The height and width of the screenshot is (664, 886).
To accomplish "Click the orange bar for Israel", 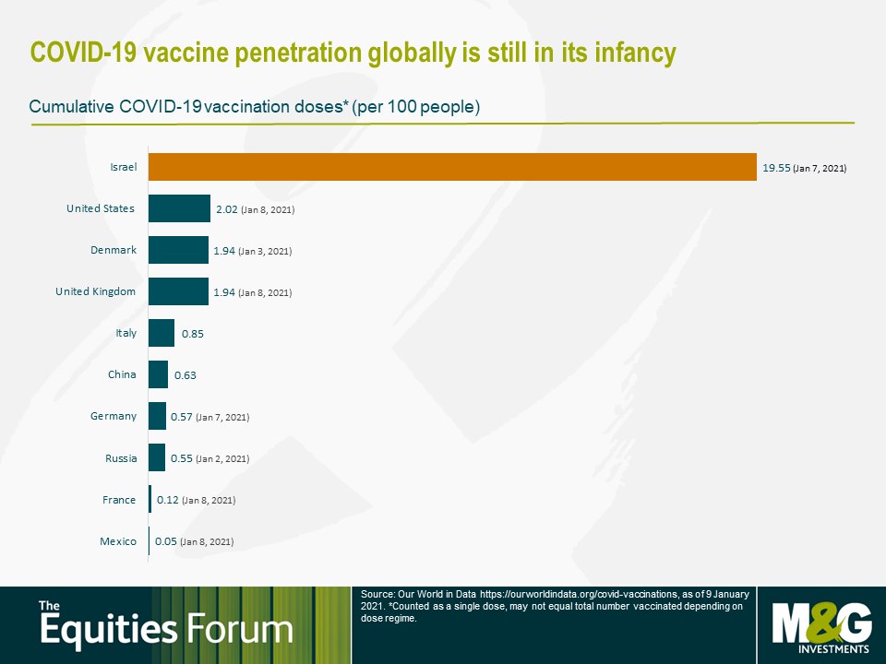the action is point(452,167).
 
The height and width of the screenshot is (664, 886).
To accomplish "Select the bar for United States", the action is point(179,208).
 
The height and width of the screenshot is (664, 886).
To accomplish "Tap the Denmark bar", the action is point(178,250).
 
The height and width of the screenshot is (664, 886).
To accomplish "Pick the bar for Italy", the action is point(162,333).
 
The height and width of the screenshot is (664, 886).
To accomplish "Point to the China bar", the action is point(158,374).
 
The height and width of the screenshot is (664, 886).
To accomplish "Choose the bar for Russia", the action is point(157,457).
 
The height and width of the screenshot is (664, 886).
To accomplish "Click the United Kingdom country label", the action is point(95,291).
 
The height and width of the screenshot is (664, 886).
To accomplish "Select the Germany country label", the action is point(114,416).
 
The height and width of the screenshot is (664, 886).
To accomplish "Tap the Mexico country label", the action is point(118,541).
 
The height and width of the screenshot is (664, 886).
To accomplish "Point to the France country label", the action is point(119,500).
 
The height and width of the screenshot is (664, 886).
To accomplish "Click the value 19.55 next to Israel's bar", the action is point(776,168).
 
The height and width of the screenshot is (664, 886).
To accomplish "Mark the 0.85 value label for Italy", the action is point(193,334).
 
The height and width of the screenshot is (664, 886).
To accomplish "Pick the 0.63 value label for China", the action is point(186,375).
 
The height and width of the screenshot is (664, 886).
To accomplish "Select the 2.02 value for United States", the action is point(227,209).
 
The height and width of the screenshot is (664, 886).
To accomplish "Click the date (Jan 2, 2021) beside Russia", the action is point(222,459).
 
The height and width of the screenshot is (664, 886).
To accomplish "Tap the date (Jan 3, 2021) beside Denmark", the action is point(265,251).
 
